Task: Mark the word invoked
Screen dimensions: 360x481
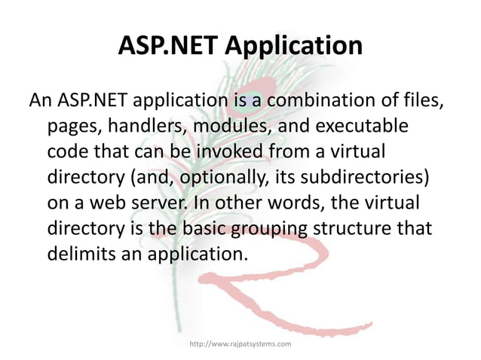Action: coord(231,151)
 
